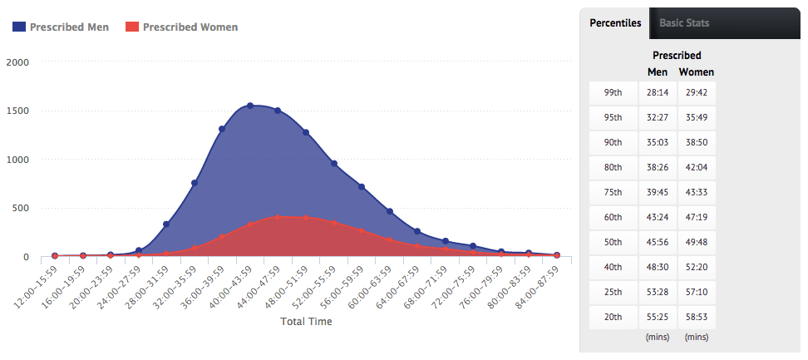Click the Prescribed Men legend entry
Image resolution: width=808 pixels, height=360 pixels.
62,27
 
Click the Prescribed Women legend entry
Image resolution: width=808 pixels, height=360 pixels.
181,27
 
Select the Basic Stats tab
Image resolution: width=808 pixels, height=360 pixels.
684,22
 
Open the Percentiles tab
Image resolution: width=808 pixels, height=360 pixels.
615,22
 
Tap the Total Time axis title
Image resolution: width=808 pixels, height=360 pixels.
306,322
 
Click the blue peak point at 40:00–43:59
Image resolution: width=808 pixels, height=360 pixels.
250,106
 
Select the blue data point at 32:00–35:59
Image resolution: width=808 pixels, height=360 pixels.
195,183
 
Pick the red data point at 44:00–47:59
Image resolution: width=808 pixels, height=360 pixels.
278,218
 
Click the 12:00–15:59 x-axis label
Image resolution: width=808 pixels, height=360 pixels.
37,285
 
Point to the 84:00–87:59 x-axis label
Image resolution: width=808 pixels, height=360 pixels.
538,285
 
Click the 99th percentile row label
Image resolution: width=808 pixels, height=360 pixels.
613,91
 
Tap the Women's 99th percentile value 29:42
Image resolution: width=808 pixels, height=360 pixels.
696,91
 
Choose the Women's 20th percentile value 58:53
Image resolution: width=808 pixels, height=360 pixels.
696,317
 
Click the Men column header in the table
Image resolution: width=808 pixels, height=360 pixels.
658,72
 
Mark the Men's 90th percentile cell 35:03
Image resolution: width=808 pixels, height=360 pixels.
658,142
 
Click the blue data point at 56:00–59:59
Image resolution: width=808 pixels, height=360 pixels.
362,187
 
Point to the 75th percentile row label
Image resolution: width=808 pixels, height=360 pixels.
613,192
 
